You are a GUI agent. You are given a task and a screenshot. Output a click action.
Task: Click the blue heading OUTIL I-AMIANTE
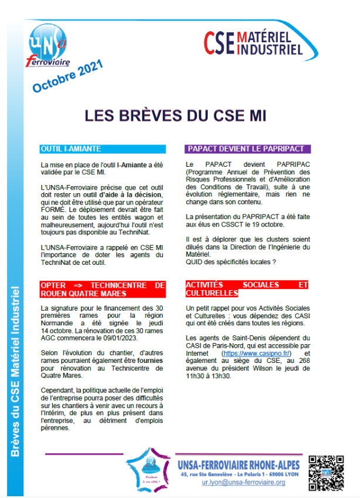click(x=71, y=149)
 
